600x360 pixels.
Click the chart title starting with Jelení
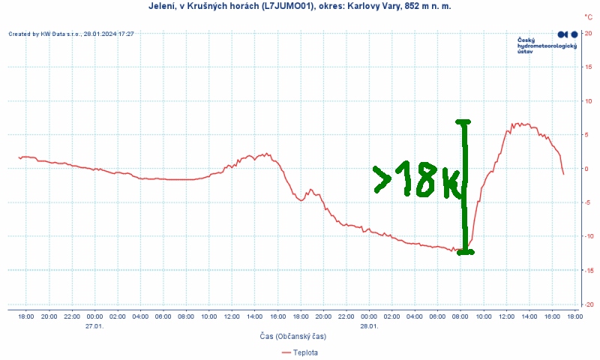pos(299,6)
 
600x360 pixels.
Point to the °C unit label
pos(588,16)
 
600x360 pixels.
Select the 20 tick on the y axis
pos(589,34)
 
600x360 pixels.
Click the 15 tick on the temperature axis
pos(589,67)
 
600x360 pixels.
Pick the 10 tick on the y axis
pos(589,101)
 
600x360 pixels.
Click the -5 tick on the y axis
pos(589,202)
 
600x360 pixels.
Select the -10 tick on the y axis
pos(588,236)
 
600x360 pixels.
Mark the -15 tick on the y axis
pos(588,270)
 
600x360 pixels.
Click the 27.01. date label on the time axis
pos(94,325)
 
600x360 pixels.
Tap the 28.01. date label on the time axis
pos(368,325)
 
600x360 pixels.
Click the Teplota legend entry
pos(299,352)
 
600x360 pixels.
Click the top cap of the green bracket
pos(463,121)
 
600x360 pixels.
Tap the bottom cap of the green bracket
pos(465,252)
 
